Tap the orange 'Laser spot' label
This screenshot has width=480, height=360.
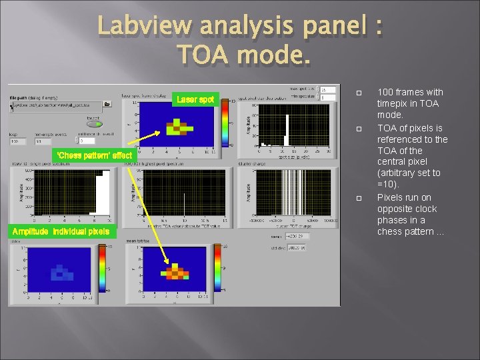[x=195, y=99]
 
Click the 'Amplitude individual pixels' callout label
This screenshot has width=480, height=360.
[x=61, y=231]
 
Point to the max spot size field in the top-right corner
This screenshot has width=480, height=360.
[x=327, y=89]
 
